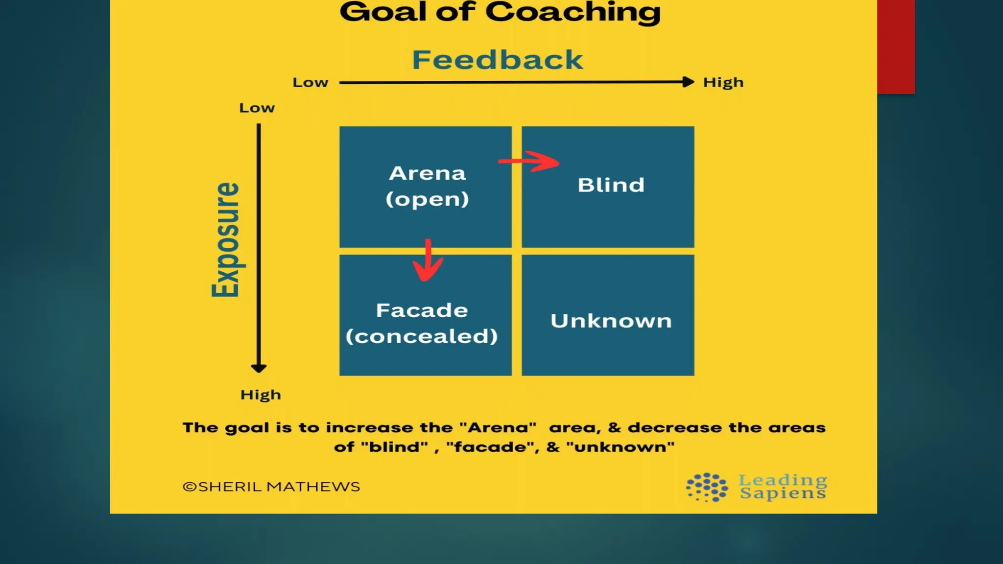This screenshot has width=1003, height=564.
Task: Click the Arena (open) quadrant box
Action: (425, 215)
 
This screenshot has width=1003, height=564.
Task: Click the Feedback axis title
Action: (497, 60)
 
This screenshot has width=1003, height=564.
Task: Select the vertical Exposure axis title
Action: (226, 240)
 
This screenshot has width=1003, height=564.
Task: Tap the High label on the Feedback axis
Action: (723, 82)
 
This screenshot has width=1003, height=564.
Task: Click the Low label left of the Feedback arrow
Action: (310, 82)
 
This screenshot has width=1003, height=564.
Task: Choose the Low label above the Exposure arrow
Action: (257, 108)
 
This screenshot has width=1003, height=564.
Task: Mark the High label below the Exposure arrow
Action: (261, 395)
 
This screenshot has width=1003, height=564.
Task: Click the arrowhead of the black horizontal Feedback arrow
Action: (688, 82)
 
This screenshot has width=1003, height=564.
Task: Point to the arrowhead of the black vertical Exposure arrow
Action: (259, 368)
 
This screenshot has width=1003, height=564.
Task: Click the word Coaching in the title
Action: (573, 12)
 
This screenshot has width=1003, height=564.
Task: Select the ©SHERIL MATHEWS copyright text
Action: (271, 487)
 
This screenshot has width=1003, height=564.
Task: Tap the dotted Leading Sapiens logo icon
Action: (707, 487)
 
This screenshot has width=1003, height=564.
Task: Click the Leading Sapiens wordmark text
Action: (783, 486)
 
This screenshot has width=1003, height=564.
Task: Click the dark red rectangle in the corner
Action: (896, 47)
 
